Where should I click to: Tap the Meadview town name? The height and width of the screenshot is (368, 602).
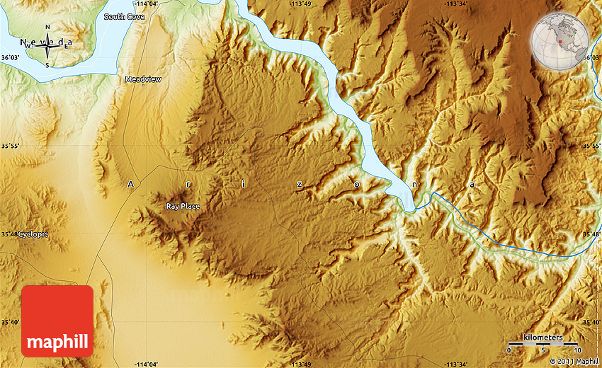(143, 79)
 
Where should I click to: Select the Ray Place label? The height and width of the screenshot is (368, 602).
(183, 206)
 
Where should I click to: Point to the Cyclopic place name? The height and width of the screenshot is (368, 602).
(33, 234)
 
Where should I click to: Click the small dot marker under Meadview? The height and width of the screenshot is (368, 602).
(143, 86)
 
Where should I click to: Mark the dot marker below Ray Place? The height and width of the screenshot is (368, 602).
(183, 213)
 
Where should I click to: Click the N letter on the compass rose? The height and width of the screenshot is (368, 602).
(47, 27)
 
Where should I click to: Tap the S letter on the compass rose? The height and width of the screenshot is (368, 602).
(47, 64)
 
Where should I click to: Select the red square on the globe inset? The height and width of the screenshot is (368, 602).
(560, 42)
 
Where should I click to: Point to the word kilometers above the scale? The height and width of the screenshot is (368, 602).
(544, 338)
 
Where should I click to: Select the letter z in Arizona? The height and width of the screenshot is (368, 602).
(300, 184)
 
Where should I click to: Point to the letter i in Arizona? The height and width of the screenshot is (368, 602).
(244, 183)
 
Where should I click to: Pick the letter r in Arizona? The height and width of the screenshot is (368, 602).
(187, 184)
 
